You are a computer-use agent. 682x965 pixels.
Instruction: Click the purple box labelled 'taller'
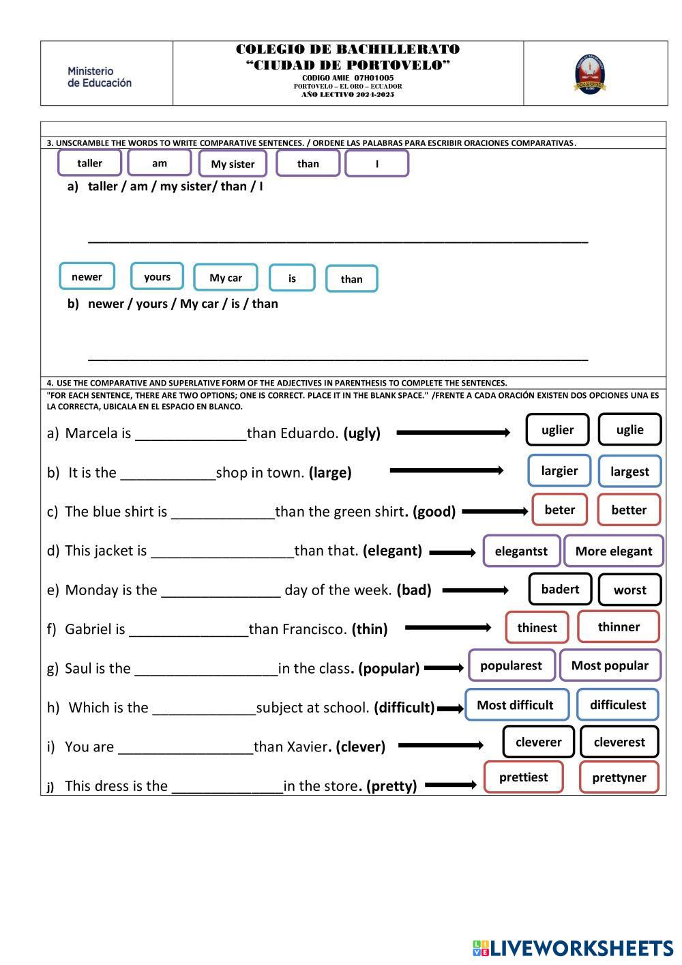click(x=90, y=163)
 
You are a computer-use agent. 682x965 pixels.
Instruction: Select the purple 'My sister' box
click(x=233, y=164)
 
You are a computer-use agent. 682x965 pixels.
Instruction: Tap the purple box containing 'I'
click(x=376, y=164)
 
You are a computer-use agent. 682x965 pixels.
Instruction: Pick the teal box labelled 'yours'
click(x=157, y=276)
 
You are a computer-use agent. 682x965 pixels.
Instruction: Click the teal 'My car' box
click(x=226, y=278)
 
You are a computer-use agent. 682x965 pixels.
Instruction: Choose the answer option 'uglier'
click(x=557, y=430)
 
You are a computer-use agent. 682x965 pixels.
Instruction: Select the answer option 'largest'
click(x=629, y=472)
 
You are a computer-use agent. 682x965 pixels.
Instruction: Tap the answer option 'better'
click(x=629, y=510)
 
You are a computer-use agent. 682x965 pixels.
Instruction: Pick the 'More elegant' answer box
click(x=614, y=551)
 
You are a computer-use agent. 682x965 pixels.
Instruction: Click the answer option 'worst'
click(x=629, y=590)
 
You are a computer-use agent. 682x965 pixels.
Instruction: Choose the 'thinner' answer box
click(x=619, y=627)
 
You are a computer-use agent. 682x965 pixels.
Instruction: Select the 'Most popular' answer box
click(x=610, y=665)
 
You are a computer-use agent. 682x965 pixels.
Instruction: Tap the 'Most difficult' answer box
click(x=516, y=705)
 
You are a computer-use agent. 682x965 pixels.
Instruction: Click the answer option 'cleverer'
click(x=539, y=743)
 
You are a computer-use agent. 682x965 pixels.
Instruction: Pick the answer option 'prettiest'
click(x=523, y=777)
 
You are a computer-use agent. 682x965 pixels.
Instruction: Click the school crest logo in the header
click(x=590, y=74)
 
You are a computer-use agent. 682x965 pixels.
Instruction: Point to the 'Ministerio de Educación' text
click(x=100, y=77)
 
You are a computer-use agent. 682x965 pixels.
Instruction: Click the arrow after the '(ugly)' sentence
click(x=453, y=433)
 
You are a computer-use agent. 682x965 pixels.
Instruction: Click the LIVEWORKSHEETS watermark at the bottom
click(x=572, y=948)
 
